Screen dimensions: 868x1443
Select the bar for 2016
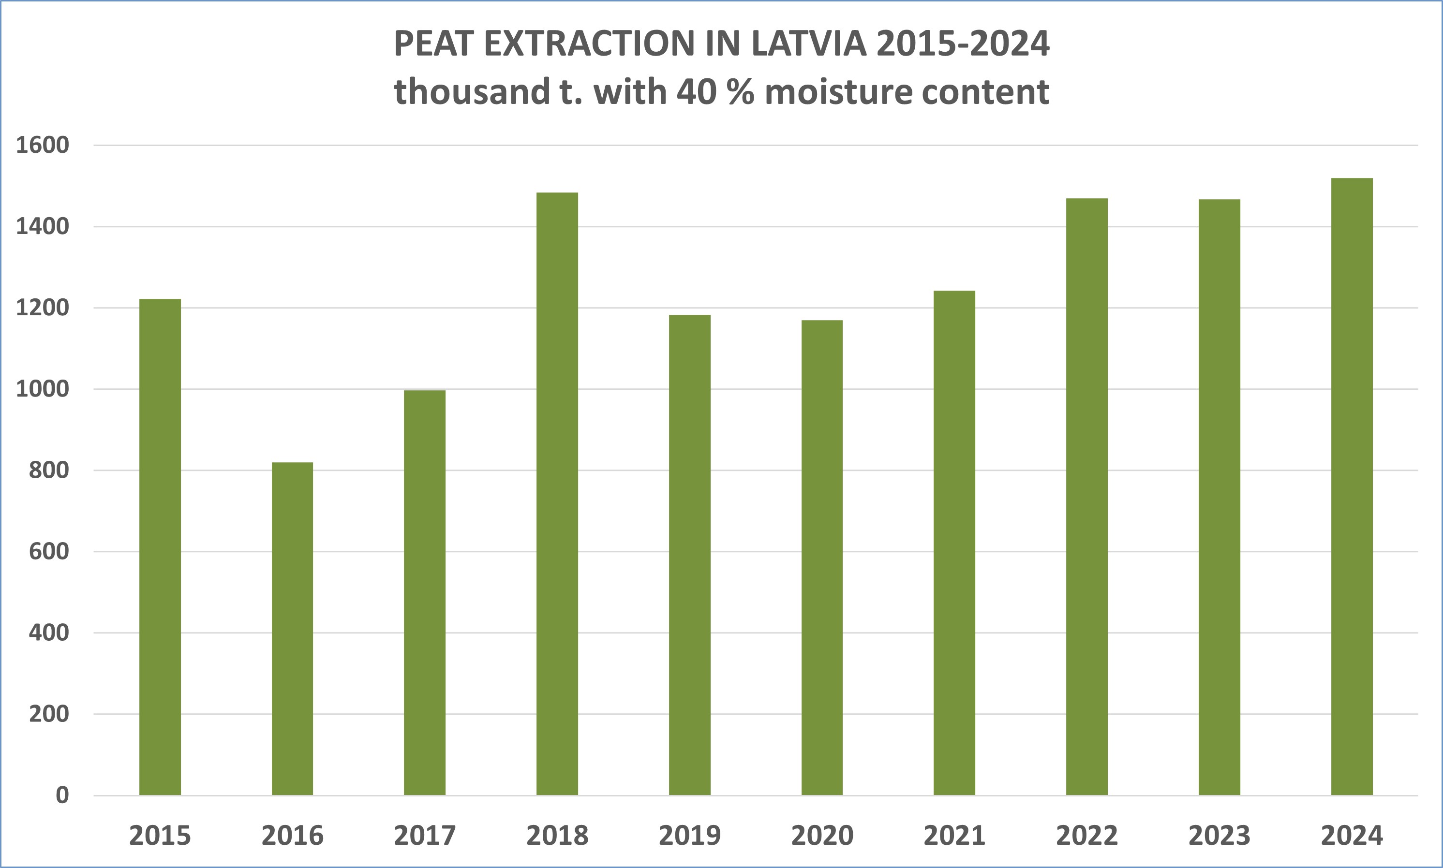point(292,628)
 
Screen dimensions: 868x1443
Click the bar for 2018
point(557,494)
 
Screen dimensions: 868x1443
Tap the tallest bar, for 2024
point(1352,486)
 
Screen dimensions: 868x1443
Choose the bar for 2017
point(424,592)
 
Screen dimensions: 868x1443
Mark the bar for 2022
point(1086,497)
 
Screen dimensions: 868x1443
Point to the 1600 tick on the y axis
point(42,145)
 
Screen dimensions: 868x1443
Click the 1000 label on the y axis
point(42,389)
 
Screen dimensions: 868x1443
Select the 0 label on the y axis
point(62,795)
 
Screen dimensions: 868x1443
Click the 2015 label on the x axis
point(160,835)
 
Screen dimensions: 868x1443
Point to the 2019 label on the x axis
point(689,835)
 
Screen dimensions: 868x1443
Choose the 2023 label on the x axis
point(1219,835)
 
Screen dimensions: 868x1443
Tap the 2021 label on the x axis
point(954,835)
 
